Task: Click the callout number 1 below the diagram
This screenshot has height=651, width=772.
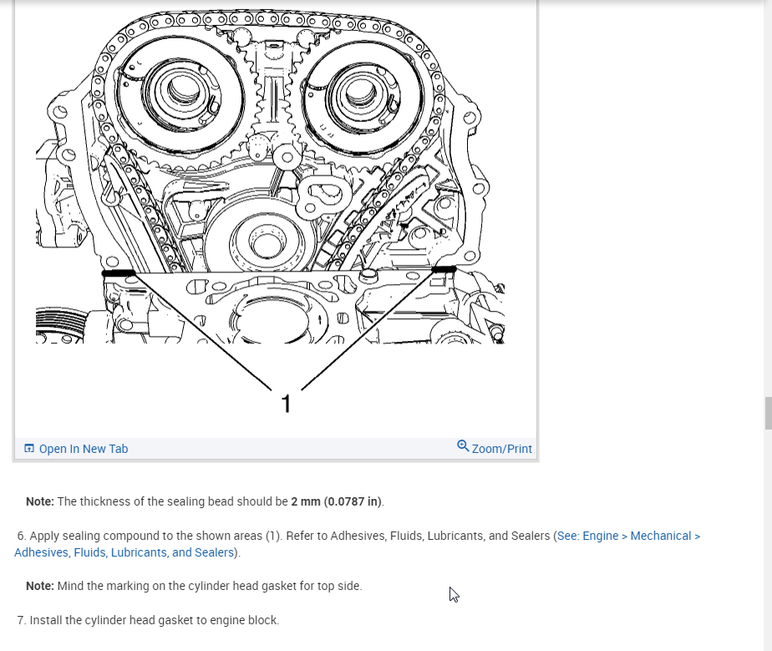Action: (x=287, y=404)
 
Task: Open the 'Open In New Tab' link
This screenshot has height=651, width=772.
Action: (x=83, y=449)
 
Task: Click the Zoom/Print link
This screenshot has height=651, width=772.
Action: (x=501, y=449)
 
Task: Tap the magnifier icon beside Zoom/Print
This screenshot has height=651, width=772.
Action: (x=463, y=446)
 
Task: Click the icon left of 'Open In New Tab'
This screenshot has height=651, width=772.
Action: (x=29, y=449)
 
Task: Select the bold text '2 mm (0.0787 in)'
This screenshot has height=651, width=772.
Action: (x=336, y=501)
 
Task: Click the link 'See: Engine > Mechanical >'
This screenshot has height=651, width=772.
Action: (x=628, y=536)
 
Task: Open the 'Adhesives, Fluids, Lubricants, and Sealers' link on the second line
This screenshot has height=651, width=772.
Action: (x=124, y=552)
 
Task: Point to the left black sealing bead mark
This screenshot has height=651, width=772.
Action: (x=118, y=273)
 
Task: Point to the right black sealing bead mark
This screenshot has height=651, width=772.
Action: (x=444, y=269)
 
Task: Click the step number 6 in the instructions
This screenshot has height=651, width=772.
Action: (x=20, y=536)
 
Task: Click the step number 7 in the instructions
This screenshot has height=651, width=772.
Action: (x=20, y=620)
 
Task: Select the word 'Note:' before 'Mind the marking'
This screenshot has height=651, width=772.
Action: (x=40, y=586)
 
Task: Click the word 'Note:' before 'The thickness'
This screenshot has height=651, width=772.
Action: (x=40, y=501)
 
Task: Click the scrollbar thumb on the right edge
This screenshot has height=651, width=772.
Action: (x=767, y=414)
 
